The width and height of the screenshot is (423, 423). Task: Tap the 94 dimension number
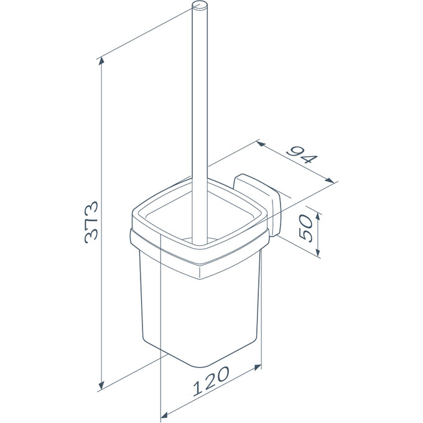coord(301,155)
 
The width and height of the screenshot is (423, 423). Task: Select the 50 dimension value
coord(306,228)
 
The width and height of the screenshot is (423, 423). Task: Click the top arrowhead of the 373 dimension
coord(101,61)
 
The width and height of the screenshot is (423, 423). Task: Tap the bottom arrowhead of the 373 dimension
coord(101,385)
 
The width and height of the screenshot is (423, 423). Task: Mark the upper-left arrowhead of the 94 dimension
coord(260,144)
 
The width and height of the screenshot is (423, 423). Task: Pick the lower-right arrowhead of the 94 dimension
coord(330,180)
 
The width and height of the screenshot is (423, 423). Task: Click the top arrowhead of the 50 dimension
coord(318,216)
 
